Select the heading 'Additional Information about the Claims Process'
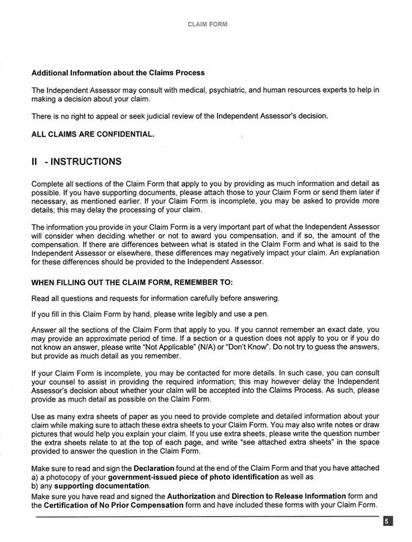(118, 73)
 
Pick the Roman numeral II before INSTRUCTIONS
(38, 162)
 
